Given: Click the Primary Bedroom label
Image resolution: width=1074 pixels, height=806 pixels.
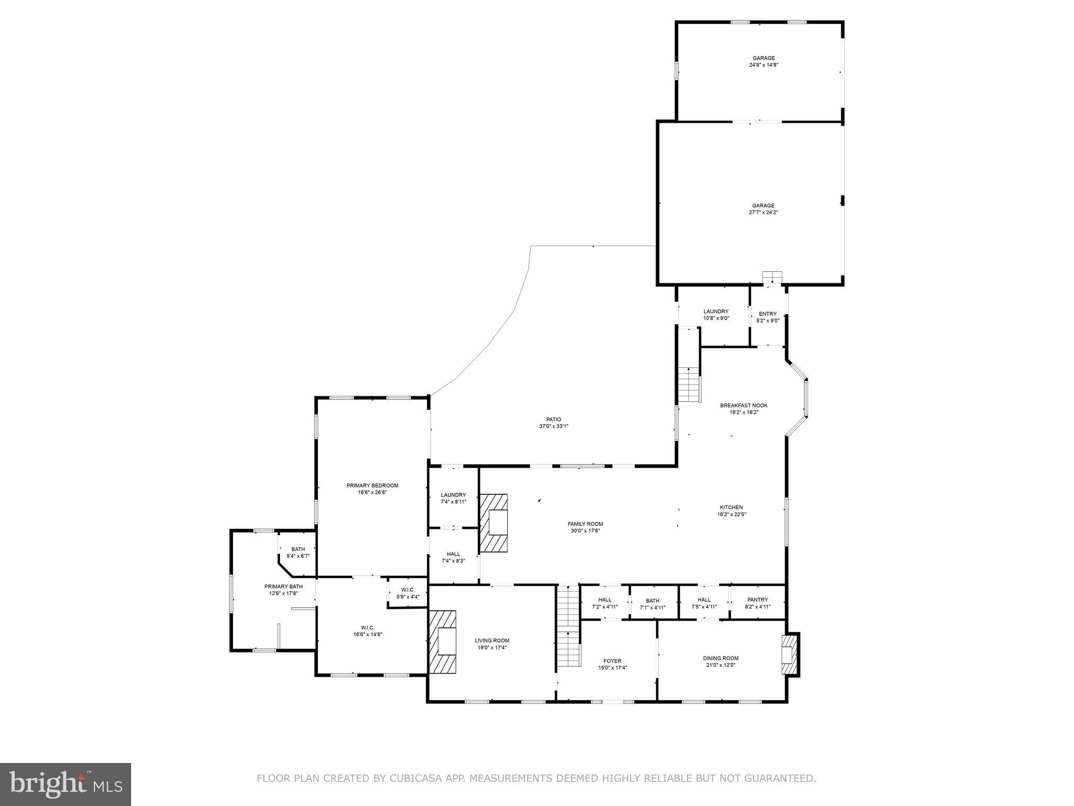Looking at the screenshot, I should (x=372, y=485).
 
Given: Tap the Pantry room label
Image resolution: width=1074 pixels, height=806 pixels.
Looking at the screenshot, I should (x=757, y=600).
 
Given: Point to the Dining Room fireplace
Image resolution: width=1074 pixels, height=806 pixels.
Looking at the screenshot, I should (x=789, y=654).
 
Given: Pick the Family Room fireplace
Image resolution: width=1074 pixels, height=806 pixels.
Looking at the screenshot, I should (x=493, y=522).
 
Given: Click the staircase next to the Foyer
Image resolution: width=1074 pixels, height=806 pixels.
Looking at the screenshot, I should (x=568, y=626).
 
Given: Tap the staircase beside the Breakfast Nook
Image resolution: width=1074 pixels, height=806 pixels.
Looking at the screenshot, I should (x=689, y=385).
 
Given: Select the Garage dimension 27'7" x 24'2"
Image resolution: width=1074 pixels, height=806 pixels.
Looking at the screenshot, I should (x=763, y=213).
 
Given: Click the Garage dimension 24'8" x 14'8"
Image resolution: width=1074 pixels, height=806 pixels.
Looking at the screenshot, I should (x=764, y=65).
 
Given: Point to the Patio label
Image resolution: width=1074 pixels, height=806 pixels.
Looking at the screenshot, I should (x=553, y=419).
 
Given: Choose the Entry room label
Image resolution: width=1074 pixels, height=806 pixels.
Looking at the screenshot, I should (x=767, y=314).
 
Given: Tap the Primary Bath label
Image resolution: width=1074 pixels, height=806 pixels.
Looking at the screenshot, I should (x=283, y=586).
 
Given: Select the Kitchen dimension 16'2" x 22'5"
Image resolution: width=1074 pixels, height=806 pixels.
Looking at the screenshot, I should (x=731, y=514).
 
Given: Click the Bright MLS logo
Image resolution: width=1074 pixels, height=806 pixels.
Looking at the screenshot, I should (x=66, y=784).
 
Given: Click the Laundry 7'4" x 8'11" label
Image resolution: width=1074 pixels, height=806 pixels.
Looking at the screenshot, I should (x=453, y=495).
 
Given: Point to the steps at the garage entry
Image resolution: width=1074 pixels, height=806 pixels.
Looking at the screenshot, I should (x=772, y=277).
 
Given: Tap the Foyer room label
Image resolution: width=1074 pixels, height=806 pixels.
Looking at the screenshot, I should (x=612, y=661).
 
